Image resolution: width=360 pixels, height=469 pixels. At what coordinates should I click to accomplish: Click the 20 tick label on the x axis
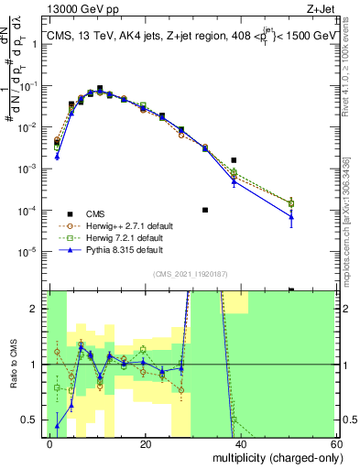146,443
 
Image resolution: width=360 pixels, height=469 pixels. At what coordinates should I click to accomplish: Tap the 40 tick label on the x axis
241,443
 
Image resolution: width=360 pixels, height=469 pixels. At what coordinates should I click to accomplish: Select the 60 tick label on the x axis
336,443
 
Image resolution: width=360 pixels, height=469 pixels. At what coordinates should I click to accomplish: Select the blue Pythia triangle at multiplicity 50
291,217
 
